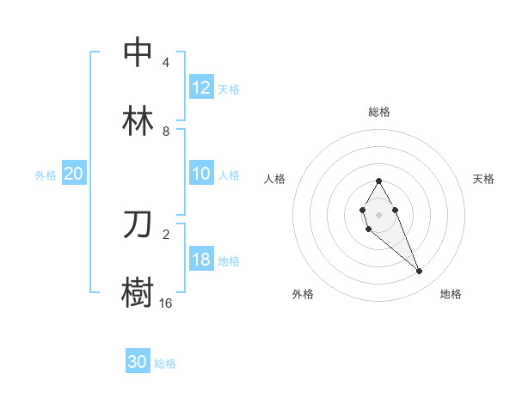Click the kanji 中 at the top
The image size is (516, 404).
(138, 52)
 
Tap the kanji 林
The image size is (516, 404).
(138, 122)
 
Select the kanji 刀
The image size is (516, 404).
(138, 224)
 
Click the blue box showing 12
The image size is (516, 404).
(201, 88)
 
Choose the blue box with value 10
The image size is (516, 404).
(201, 174)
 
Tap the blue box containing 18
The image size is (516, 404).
(201, 260)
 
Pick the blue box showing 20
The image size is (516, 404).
(74, 174)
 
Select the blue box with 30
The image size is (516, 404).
(138, 362)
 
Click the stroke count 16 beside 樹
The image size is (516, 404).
(166, 303)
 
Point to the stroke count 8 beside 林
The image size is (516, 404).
(166, 132)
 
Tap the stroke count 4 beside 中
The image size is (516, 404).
(166, 63)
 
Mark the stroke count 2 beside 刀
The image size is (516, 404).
(166, 234)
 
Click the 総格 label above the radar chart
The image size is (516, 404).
(379, 112)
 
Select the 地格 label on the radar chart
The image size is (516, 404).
(451, 294)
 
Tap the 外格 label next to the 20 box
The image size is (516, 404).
(46, 174)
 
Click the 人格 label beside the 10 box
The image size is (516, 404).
(229, 174)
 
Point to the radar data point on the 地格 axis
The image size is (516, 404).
(420, 272)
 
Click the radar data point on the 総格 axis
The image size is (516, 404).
(378, 181)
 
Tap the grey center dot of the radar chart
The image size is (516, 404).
(378, 213)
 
